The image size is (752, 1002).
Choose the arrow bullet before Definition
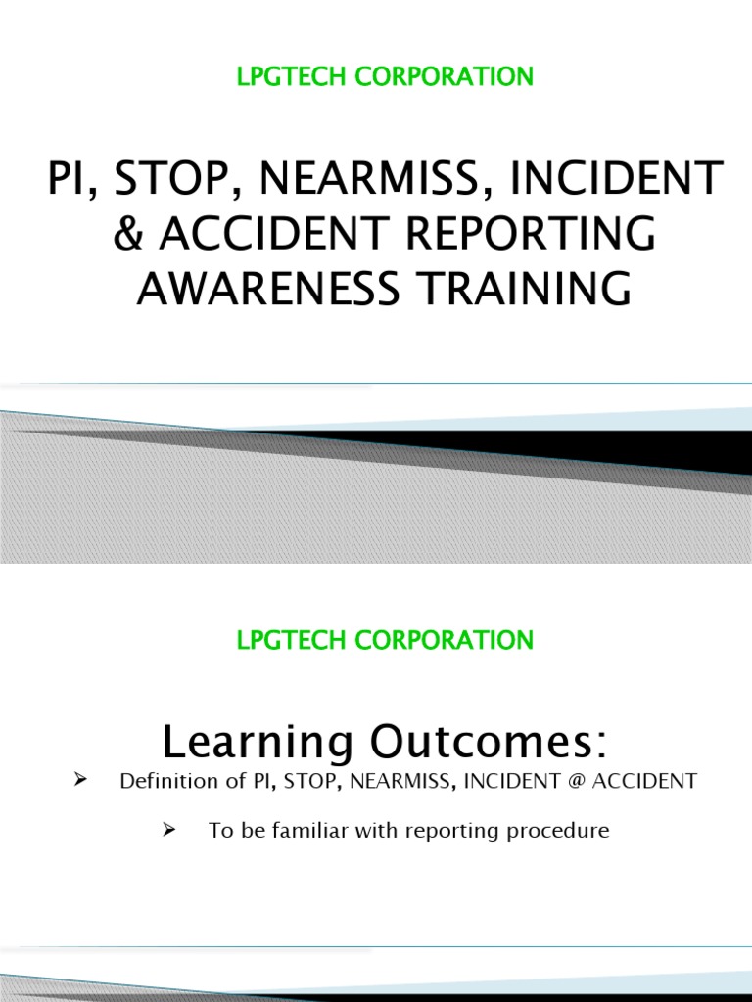point(81,781)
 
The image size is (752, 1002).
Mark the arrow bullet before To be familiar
point(167,831)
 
